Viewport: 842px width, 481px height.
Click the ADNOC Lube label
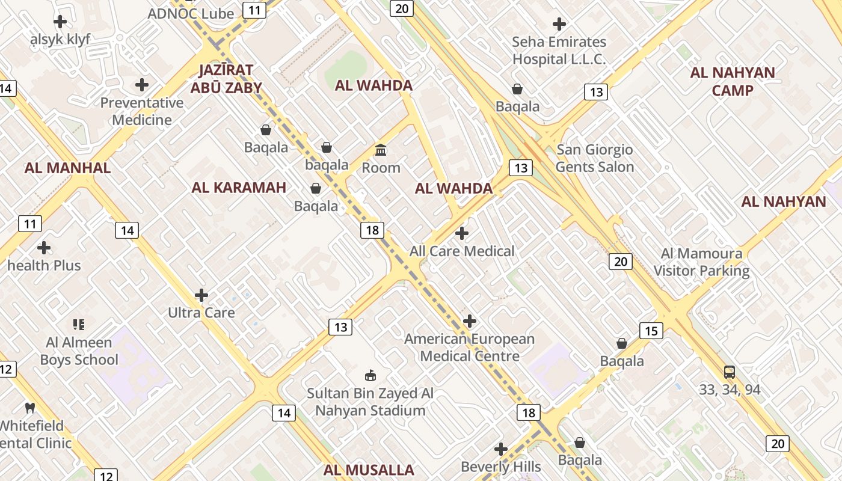click(x=191, y=13)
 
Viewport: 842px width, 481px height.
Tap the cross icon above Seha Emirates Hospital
click(x=559, y=24)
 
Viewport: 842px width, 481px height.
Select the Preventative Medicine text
click(x=142, y=111)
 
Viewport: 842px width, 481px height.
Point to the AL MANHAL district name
click(x=67, y=168)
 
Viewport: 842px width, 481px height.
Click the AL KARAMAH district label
click(x=239, y=188)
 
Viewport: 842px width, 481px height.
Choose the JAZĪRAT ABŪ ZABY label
click(x=226, y=79)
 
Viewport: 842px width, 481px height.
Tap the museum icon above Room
click(x=381, y=149)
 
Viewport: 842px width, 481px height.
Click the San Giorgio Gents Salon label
click(x=595, y=158)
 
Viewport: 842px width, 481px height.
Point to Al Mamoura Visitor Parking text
click(x=701, y=262)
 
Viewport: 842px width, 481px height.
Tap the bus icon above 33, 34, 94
click(x=730, y=372)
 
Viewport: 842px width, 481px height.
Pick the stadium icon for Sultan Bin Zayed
click(x=370, y=376)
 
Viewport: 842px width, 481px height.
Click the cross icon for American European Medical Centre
click(x=470, y=321)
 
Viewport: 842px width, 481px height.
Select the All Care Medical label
click(x=462, y=251)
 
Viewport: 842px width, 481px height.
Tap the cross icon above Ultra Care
click(x=201, y=295)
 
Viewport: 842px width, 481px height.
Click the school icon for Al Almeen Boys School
click(x=79, y=325)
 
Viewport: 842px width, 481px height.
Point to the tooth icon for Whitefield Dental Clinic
click(x=30, y=408)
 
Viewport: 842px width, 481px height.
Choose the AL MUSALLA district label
click(x=369, y=470)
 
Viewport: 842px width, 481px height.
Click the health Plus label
click(x=44, y=265)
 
